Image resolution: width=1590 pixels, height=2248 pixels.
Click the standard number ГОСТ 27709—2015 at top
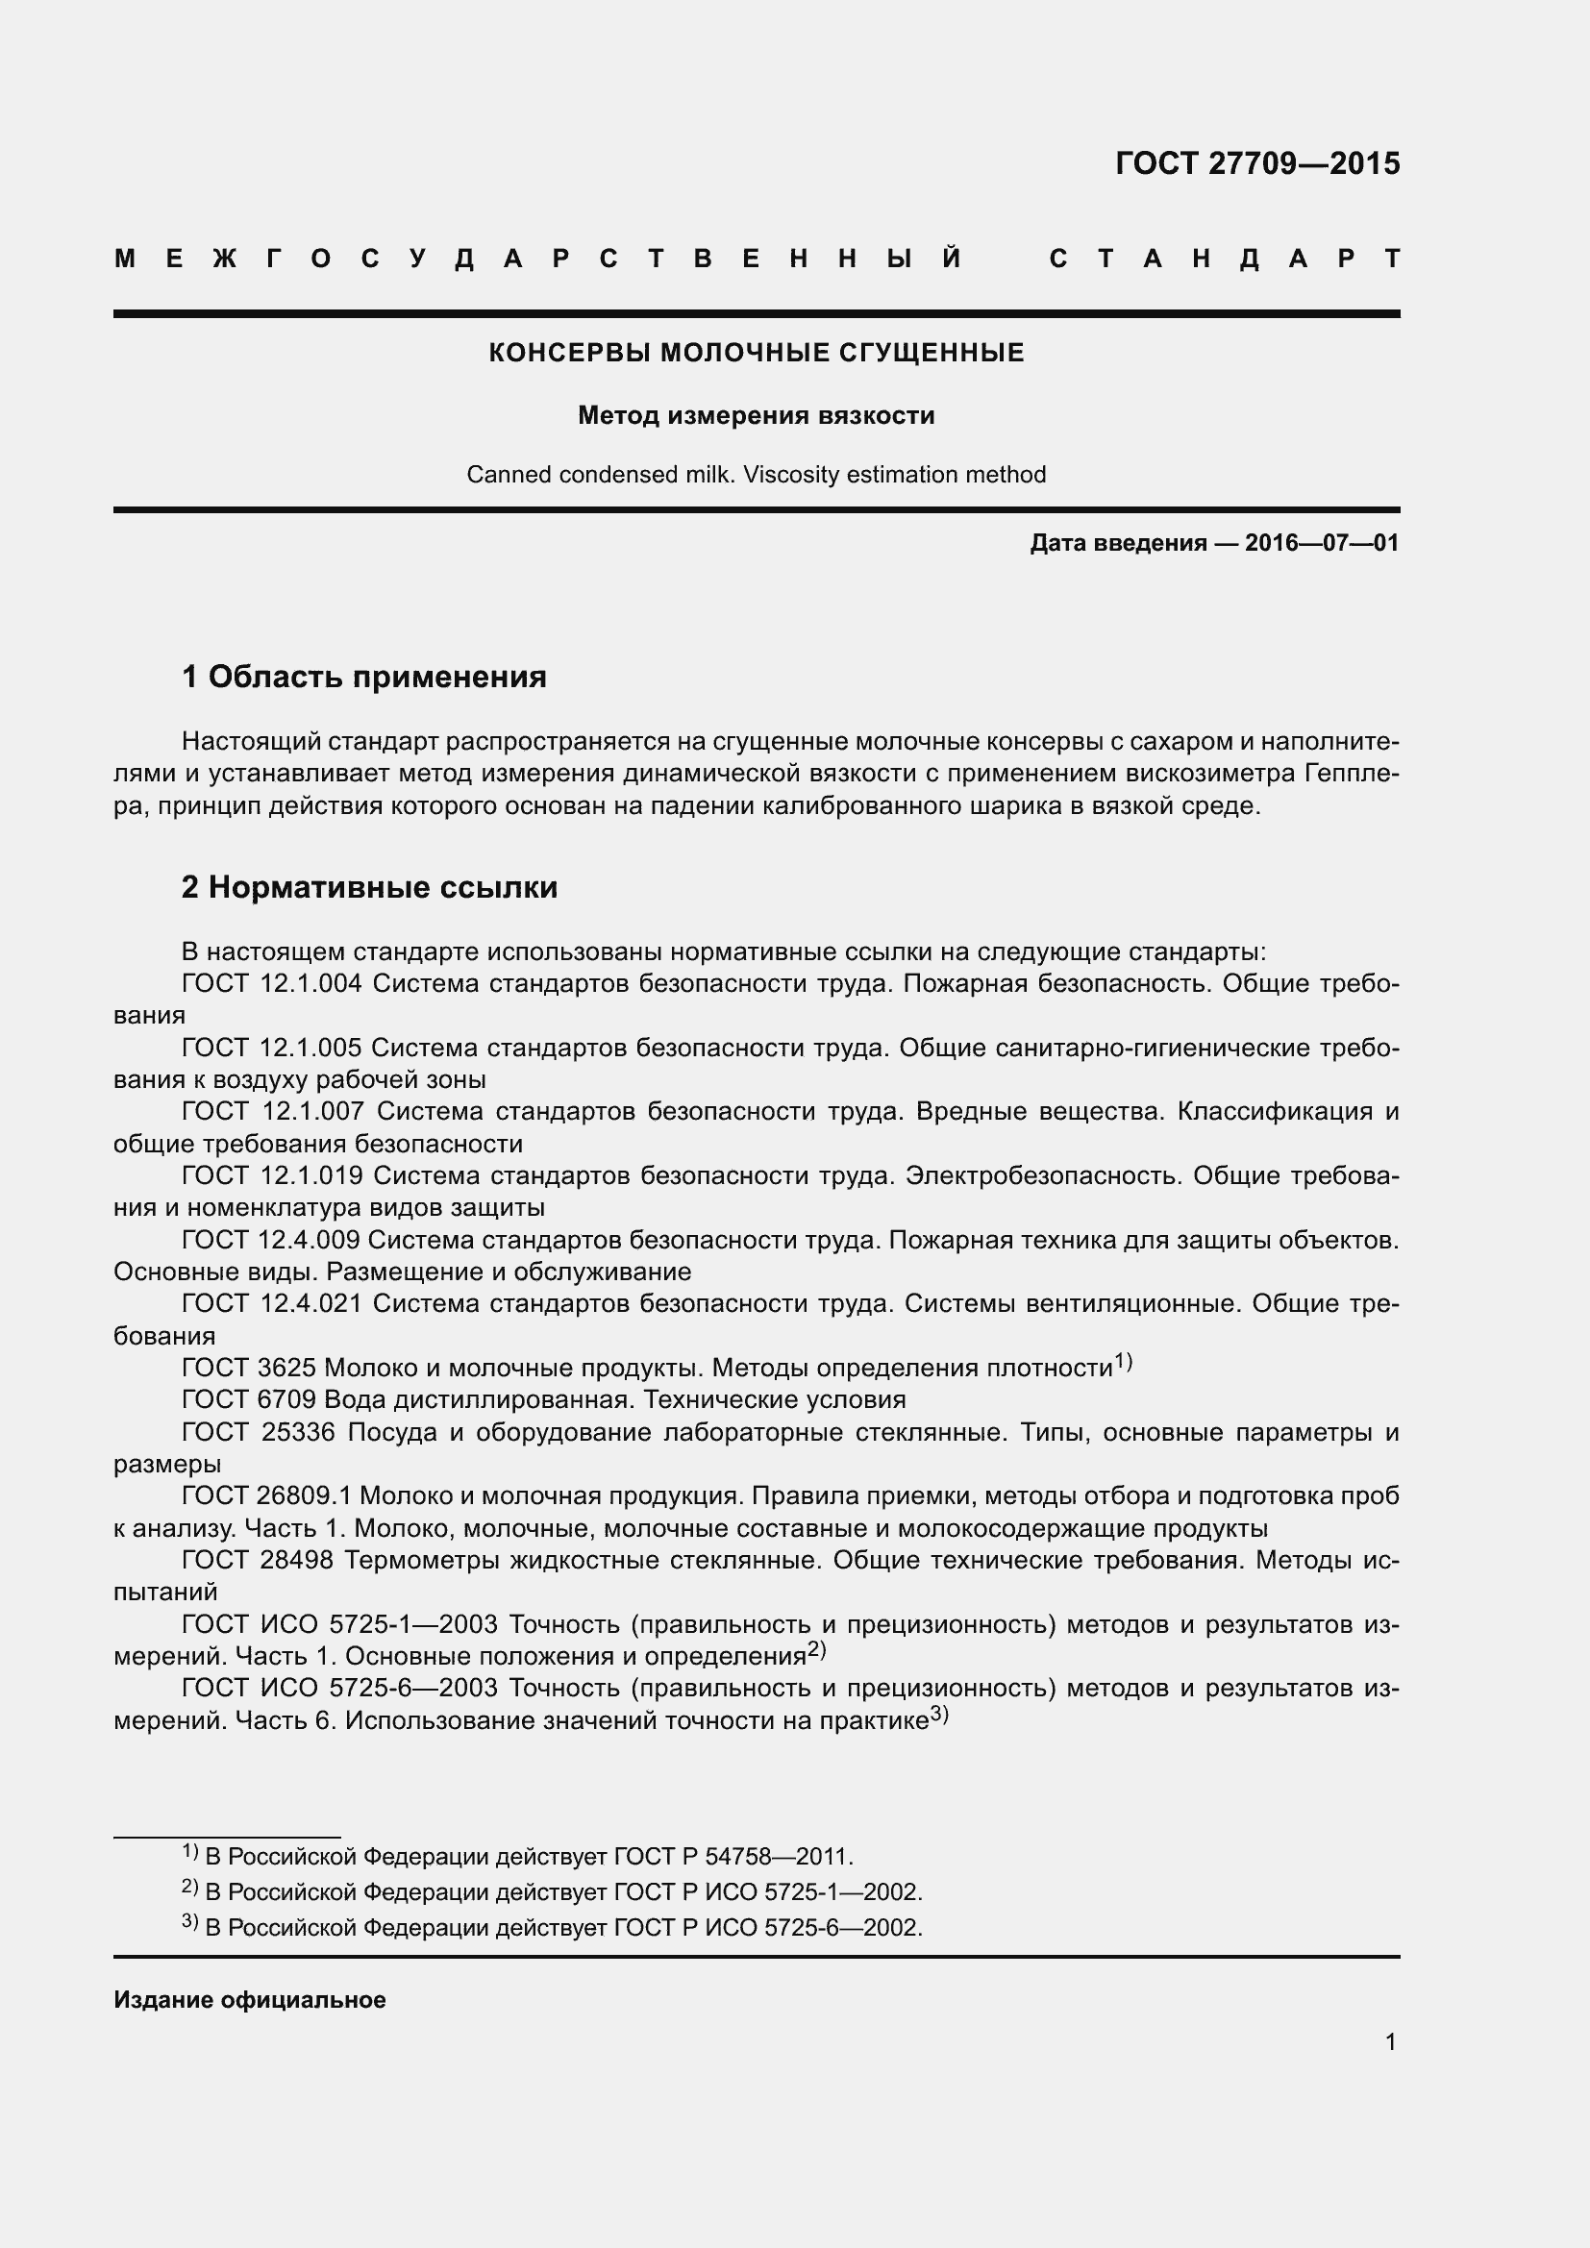tap(1257, 163)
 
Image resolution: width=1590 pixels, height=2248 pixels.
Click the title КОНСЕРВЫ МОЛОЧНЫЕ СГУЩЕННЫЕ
tap(756, 353)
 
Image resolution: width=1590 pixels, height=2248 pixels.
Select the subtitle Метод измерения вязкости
tap(756, 415)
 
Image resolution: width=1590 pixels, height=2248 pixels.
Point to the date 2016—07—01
tap(1322, 542)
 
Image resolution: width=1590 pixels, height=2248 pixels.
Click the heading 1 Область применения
tap(364, 677)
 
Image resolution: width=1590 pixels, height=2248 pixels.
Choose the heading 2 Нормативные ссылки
tap(369, 887)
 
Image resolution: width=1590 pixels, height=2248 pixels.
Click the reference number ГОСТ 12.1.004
tap(272, 984)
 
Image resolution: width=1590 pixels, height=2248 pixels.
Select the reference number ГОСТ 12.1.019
tap(272, 1175)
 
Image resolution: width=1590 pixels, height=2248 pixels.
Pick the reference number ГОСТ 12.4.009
tap(271, 1241)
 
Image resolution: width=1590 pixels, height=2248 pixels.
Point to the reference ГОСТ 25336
tap(259, 1433)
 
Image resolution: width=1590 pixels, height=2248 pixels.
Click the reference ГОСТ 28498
tap(259, 1561)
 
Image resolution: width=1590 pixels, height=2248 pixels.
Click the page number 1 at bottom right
tap(1390, 2042)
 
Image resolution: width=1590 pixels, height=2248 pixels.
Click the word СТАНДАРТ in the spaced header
tap(1224, 259)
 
